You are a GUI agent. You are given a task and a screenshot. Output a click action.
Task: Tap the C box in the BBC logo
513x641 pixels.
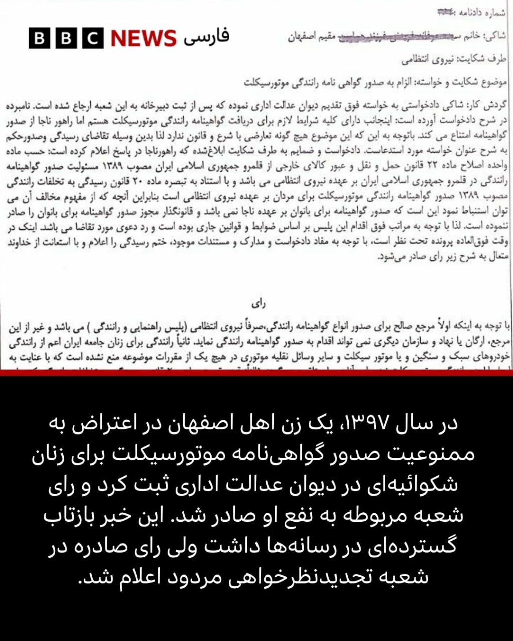93,38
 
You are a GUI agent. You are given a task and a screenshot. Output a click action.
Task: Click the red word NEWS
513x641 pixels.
143,38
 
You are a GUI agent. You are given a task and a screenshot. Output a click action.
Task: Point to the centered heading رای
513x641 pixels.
261,303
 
